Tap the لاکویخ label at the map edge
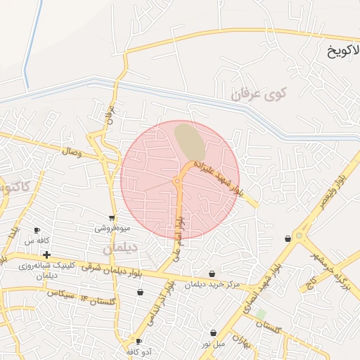click(342, 51)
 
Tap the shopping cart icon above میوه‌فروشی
click(112, 218)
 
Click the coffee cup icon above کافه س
click(37, 231)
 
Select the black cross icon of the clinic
click(46, 255)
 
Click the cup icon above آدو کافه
click(139, 341)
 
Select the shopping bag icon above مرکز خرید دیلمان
click(212, 274)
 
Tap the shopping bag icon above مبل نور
click(213, 333)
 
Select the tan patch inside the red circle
click(190, 141)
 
